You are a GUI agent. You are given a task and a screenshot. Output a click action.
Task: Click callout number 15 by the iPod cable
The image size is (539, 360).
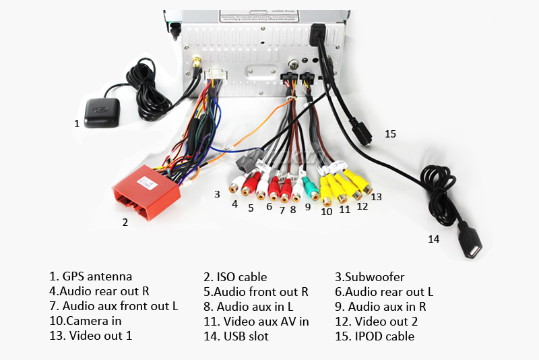click(x=390, y=134)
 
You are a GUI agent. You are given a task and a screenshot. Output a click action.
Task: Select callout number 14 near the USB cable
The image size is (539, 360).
click(x=433, y=239)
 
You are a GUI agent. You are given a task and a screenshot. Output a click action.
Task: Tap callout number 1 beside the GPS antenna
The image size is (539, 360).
click(x=77, y=123)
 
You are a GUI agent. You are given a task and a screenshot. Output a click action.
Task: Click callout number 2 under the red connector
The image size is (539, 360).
click(x=125, y=222)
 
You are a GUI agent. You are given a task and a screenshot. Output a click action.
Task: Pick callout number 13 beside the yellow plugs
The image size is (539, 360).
click(x=376, y=197)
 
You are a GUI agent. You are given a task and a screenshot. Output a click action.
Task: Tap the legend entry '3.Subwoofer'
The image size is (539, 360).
click(x=369, y=277)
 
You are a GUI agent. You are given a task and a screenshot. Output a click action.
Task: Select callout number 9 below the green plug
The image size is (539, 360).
click(x=307, y=208)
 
